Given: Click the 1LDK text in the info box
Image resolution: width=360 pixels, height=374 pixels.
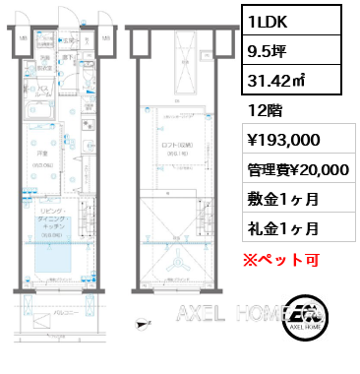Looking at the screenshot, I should (269, 20).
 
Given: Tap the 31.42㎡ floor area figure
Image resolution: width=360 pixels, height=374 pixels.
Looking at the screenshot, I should (278, 81).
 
